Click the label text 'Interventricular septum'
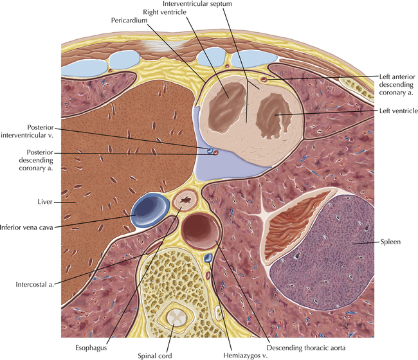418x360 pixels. point(197,4)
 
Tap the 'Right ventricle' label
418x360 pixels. point(165,12)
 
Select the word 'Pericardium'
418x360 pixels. point(129,21)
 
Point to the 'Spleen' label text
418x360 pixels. point(390,242)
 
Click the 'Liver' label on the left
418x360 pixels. point(45,202)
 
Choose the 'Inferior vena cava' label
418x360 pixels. point(26,228)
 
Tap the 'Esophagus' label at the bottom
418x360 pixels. point(91,348)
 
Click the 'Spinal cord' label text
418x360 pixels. point(155,355)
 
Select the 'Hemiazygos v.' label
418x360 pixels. point(245,355)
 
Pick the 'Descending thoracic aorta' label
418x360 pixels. point(306,348)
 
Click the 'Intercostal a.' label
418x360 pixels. point(35,284)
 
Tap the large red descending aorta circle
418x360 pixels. point(201,231)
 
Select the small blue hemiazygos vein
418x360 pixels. point(208,257)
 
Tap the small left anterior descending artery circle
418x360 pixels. point(264,79)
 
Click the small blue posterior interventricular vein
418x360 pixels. point(210,150)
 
